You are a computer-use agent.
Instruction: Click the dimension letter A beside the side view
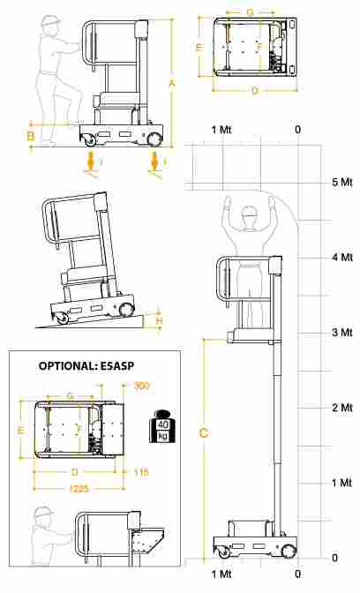point(172,83)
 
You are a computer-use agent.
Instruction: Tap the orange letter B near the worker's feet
point(31,136)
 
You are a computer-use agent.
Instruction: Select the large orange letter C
point(204,432)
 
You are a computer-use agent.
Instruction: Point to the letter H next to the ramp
point(160,321)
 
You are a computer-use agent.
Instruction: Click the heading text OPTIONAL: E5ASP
point(86,366)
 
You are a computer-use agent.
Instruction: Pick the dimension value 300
point(141,386)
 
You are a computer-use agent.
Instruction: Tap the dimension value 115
point(141,472)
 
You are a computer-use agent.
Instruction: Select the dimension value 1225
point(79,489)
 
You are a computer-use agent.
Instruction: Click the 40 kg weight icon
point(162,426)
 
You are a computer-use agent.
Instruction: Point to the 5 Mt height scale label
point(341,183)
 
